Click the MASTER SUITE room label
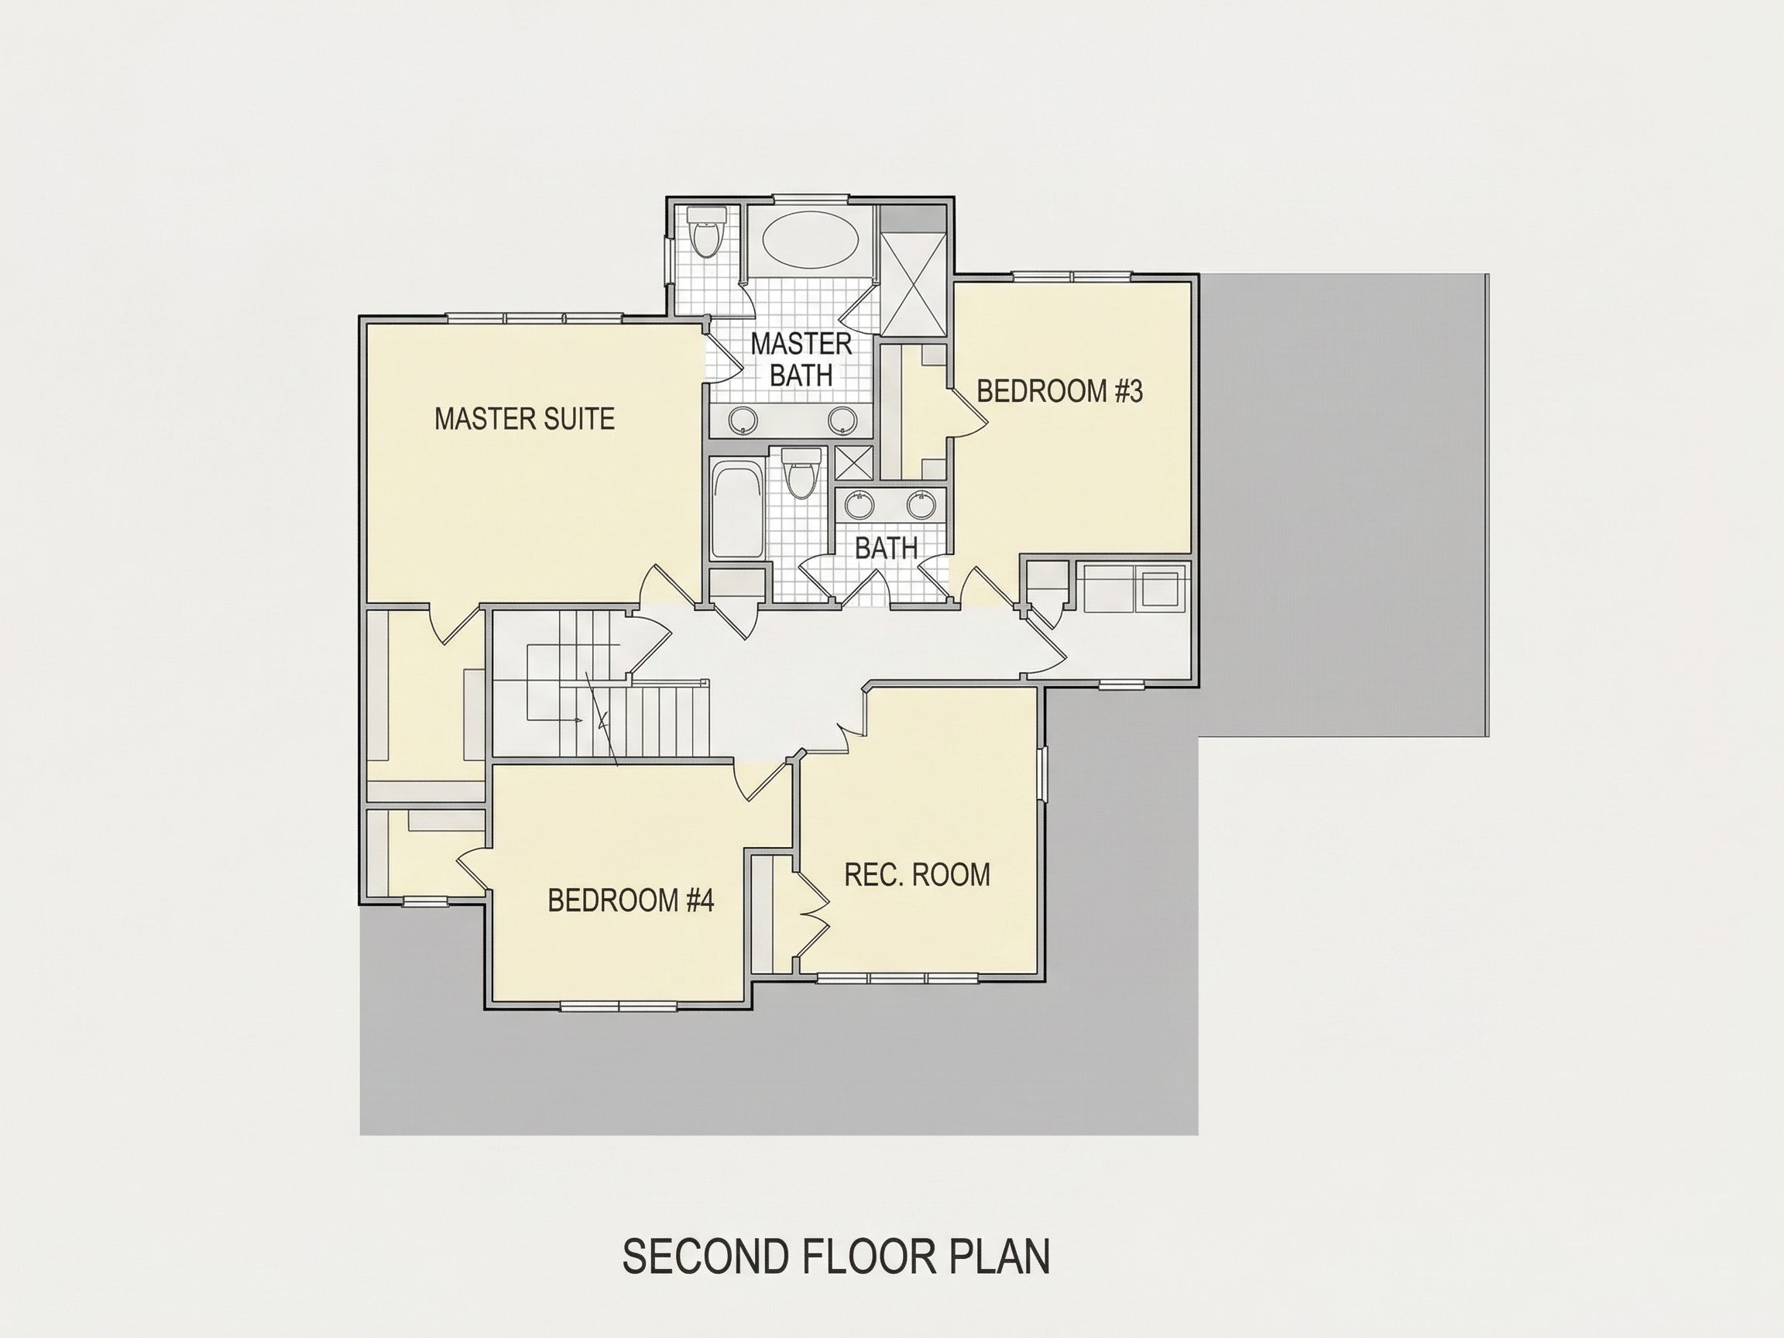pyautogui.click(x=524, y=419)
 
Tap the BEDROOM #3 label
pyautogui.click(x=1060, y=391)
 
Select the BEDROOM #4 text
pyautogui.click(x=631, y=900)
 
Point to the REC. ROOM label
pyautogui.click(x=917, y=874)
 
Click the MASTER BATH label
pyautogui.click(x=801, y=359)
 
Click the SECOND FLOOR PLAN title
pyautogui.click(x=836, y=1257)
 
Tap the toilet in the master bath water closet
pyautogui.click(x=707, y=232)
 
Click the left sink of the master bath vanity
pyautogui.click(x=742, y=420)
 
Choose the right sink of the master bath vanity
pyautogui.click(x=842, y=420)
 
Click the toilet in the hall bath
pyautogui.click(x=801, y=474)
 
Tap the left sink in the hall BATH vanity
pyautogui.click(x=859, y=506)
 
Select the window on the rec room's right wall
pyautogui.click(x=1042, y=774)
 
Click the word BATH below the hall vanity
pyautogui.click(x=887, y=548)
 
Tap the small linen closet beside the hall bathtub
pyautogui.click(x=736, y=584)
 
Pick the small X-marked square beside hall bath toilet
pyautogui.click(x=853, y=464)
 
